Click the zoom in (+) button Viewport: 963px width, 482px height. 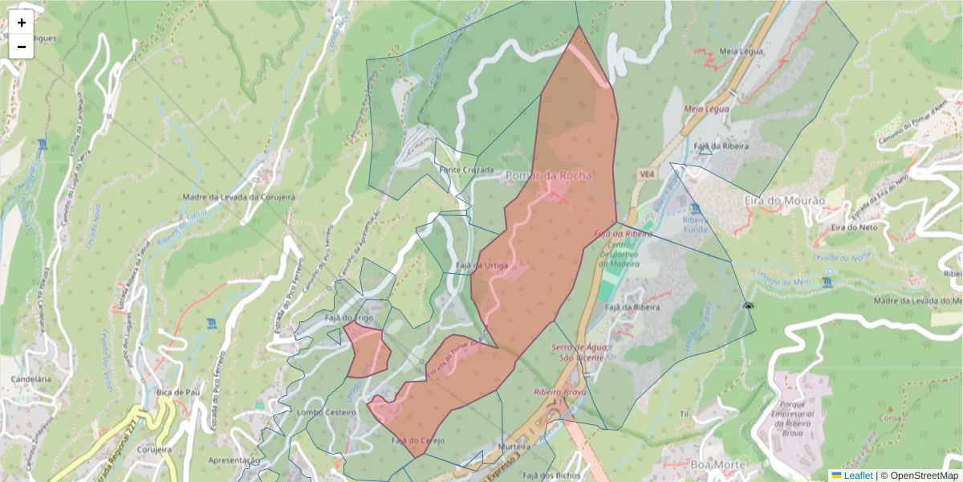(22, 22)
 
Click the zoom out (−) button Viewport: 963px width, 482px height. (22, 47)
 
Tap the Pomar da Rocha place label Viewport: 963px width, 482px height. (549, 176)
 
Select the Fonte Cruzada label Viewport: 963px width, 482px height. (466, 170)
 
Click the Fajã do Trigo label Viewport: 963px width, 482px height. (349, 318)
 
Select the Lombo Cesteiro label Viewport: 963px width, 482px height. (326, 411)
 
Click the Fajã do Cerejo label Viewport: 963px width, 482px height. (418, 440)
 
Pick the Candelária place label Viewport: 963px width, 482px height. (31, 378)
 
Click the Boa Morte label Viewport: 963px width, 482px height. (690, 464)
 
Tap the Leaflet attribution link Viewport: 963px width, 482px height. (857, 476)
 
